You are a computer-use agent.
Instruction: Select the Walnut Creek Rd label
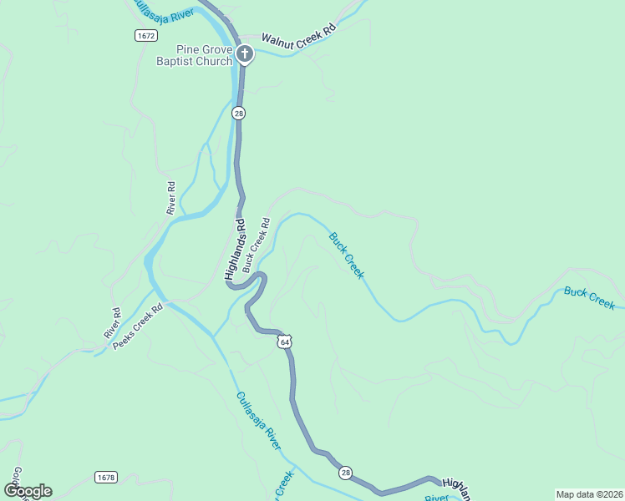click(298, 34)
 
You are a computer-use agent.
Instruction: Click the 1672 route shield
click(145, 35)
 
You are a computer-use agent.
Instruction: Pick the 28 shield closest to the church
click(239, 113)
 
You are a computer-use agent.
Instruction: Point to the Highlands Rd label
click(236, 248)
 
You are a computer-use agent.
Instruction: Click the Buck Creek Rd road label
click(257, 245)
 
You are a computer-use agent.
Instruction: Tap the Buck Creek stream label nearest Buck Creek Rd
click(347, 256)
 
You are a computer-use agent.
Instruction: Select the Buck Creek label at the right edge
click(589, 297)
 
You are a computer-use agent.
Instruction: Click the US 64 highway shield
click(285, 342)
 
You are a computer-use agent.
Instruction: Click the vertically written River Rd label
click(171, 198)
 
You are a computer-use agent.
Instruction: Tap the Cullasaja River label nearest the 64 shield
click(258, 421)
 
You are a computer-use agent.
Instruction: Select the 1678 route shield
click(106, 477)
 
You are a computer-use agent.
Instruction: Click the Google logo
click(28, 491)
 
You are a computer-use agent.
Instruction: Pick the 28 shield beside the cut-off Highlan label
click(346, 473)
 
